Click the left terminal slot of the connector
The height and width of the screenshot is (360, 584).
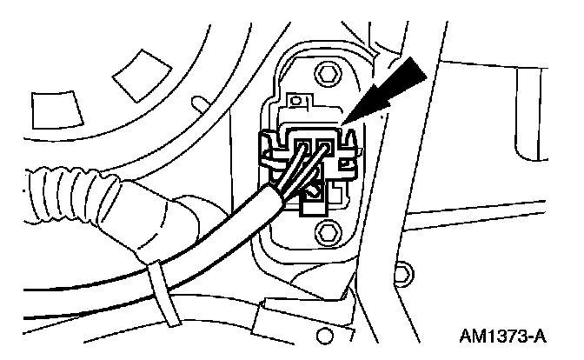click(x=304, y=143)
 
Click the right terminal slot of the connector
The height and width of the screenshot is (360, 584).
click(x=323, y=143)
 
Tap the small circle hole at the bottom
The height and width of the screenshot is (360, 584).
click(x=324, y=335)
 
